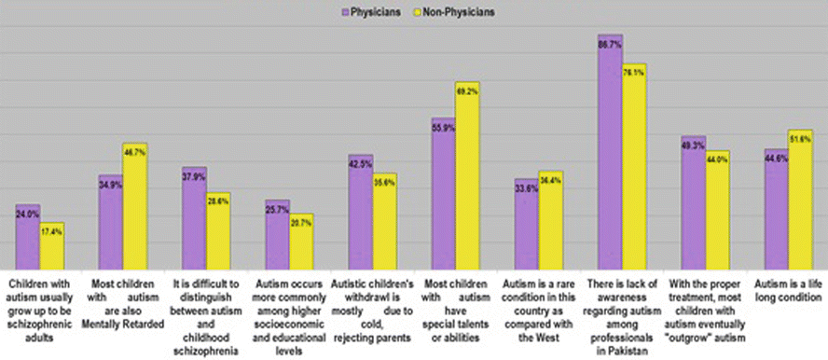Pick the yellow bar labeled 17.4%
coord(51,246)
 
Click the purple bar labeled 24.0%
coord(27,237)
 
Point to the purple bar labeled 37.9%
coord(194,218)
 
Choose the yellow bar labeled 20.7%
coord(301,242)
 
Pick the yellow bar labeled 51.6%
coord(800,200)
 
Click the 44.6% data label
coord(776,159)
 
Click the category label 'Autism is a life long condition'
coord(788,290)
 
